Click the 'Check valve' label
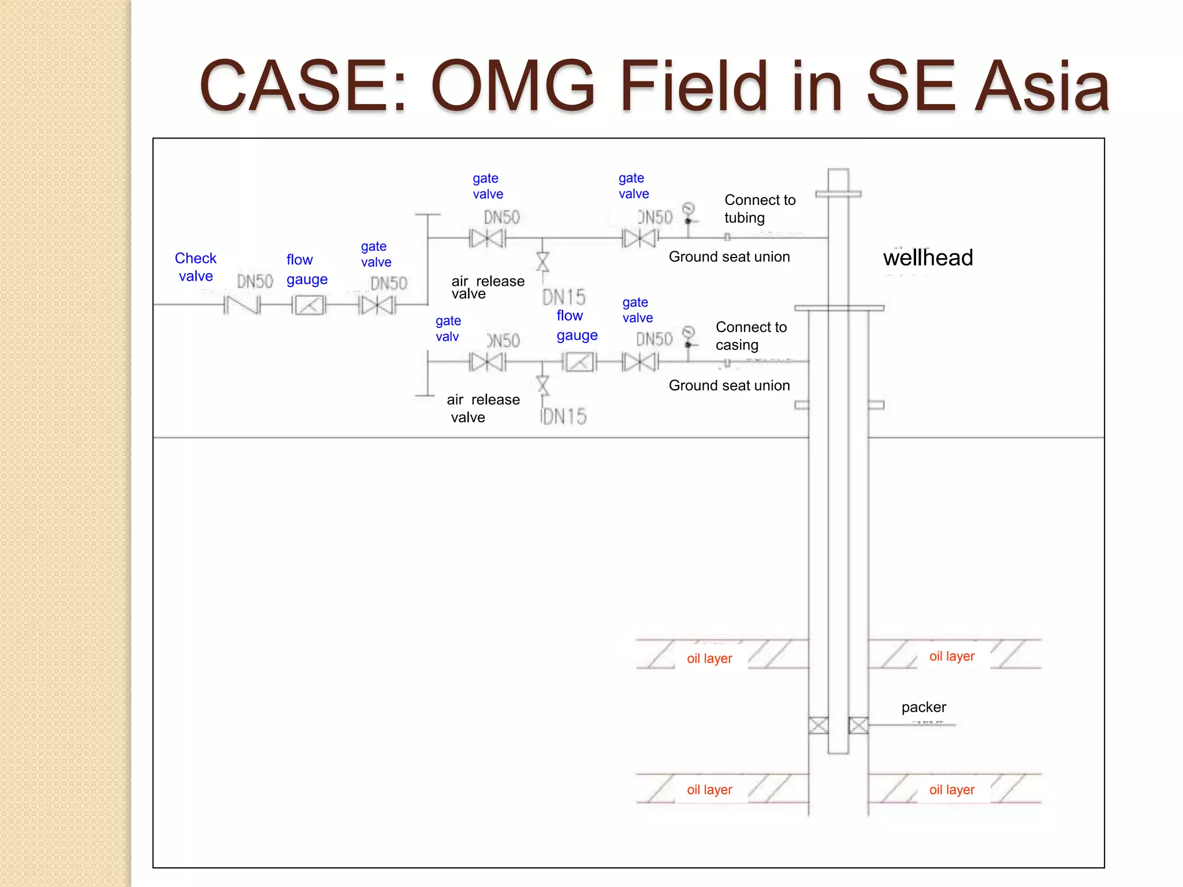195,267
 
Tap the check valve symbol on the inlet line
242,305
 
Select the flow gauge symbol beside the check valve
309,305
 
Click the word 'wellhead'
928,258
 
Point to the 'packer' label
924,707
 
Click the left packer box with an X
818,725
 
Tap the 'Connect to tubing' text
760,208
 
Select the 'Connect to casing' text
750,336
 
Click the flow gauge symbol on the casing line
579,363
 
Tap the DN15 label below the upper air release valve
564,297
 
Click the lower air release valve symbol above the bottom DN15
542,384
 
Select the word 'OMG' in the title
512,87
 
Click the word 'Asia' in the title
1041,87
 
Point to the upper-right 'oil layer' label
951,656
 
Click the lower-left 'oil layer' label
709,789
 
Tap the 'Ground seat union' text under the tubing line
729,257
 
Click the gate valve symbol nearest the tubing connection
640,238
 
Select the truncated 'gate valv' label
448,329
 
